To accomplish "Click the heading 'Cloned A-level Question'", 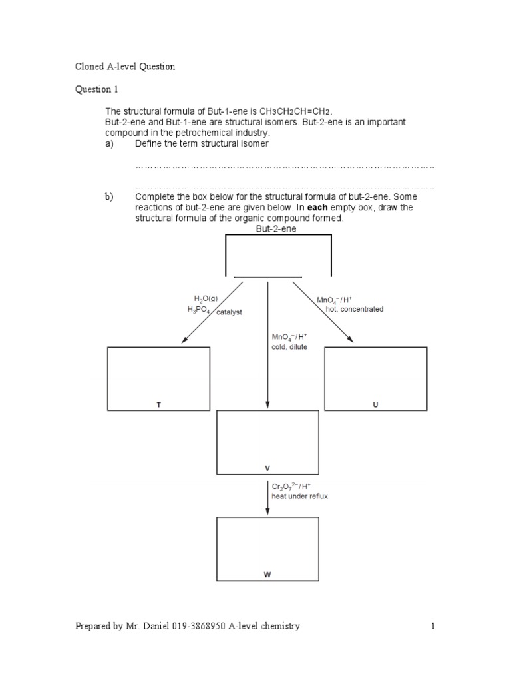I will [125, 67].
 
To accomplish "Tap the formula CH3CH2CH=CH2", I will [293, 111].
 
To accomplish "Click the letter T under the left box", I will [158, 404].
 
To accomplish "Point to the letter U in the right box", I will [375, 404].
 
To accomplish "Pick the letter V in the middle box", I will [267, 468].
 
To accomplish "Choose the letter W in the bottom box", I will [267, 575].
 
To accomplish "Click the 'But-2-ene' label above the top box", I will [276, 228].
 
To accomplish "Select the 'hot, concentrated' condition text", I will [355, 309].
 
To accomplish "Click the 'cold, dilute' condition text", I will [289, 347].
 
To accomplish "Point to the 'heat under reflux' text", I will [299, 496].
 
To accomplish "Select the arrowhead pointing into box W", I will [267, 511].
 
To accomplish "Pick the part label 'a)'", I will [109, 143].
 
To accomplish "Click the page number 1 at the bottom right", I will [432, 626].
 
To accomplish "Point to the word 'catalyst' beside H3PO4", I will [228, 312].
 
